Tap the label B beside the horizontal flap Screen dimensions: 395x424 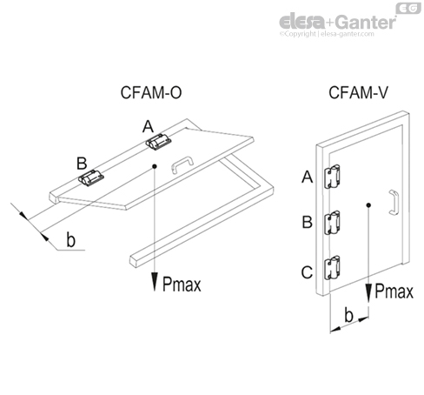tap(81, 162)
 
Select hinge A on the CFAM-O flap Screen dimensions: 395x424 tap(157, 141)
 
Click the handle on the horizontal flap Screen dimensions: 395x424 tap(181, 163)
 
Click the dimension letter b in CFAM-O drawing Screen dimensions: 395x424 tap(70, 238)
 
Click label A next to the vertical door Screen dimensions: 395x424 tap(307, 177)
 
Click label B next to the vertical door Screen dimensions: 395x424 tap(307, 222)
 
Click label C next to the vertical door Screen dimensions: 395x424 tap(307, 273)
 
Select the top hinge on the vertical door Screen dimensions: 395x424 tap(332, 177)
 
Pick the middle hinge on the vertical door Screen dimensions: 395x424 tap(332, 224)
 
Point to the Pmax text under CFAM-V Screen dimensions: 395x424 tap(394, 293)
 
